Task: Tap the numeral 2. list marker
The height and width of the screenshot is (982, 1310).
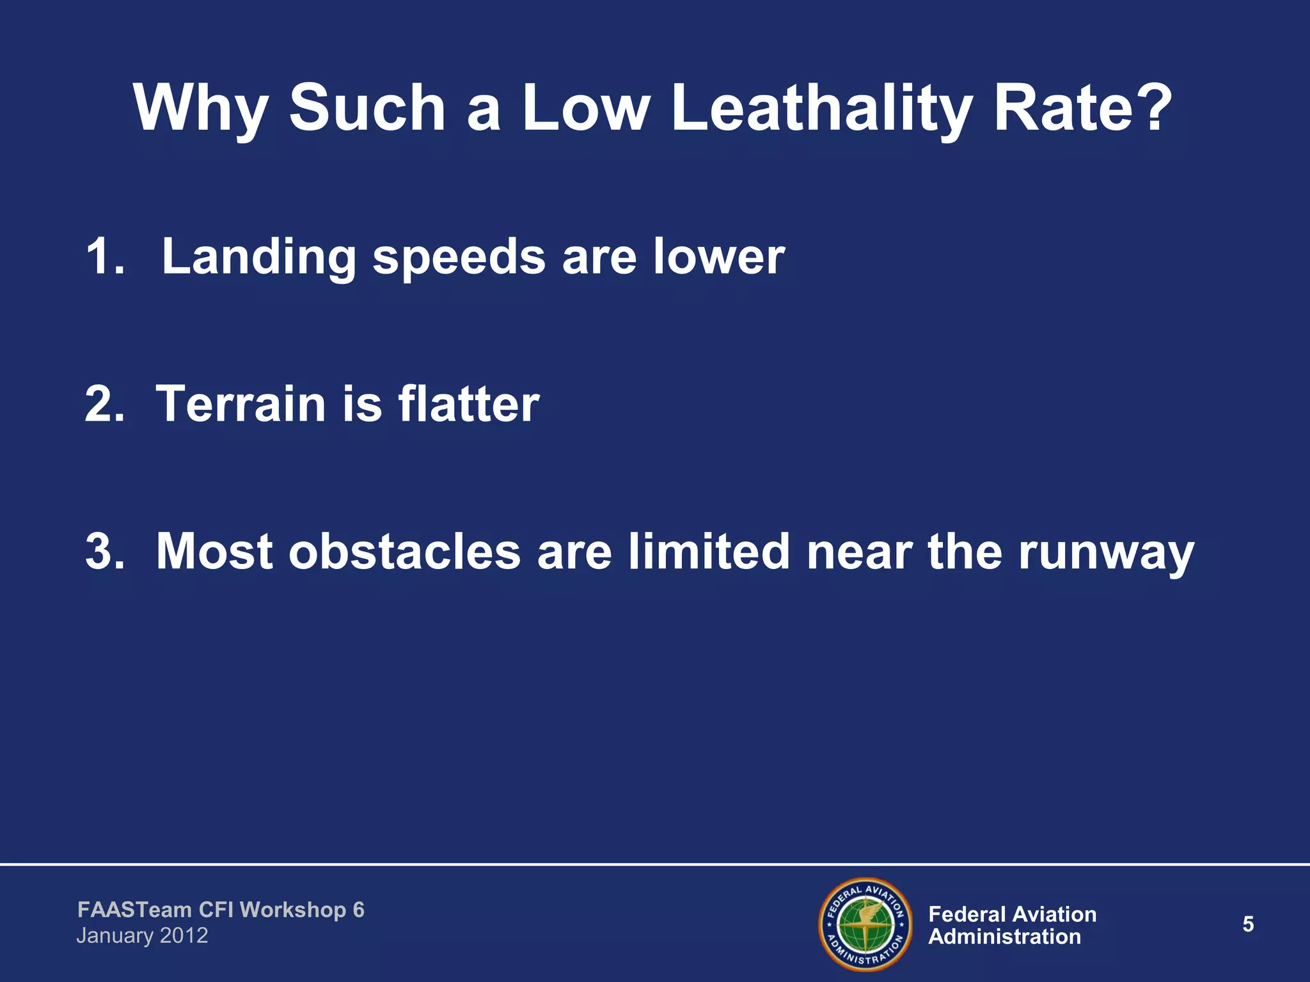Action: tap(105, 404)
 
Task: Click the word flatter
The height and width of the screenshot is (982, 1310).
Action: tap(469, 404)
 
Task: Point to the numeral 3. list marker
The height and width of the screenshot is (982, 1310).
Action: tap(105, 551)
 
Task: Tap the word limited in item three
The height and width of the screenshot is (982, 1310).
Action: tap(709, 551)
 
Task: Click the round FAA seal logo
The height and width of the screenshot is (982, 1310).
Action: tap(865, 924)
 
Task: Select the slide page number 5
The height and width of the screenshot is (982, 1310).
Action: tap(1248, 924)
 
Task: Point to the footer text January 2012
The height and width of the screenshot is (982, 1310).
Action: tap(142, 936)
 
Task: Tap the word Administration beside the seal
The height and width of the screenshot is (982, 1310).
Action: tap(1004, 937)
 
